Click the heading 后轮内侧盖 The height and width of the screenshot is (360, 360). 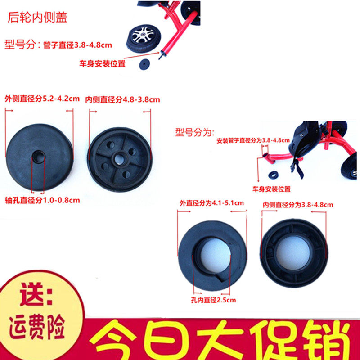pos(37,17)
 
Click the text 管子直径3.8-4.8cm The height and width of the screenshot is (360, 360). pos(77,45)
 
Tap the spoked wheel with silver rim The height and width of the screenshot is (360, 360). pos(144,38)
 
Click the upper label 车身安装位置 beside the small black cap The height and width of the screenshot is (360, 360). pos(103,63)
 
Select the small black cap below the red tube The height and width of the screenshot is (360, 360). pos(144,64)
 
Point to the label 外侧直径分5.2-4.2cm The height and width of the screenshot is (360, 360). pos(42,99)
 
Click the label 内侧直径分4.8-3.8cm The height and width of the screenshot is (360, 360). pos(122,99)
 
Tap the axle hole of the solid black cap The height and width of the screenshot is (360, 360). pos(38,157)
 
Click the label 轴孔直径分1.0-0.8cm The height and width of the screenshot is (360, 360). pos(42,200)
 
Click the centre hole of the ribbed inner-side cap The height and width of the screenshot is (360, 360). pos(119,159)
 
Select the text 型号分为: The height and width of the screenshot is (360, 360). pos(195,132)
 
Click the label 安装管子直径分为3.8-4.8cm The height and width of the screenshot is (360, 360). pos(253,140)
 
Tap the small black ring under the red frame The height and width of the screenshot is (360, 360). pos(273,175)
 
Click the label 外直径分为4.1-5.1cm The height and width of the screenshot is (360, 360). pos(211,203)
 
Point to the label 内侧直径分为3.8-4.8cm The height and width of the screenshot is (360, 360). pos(298,205)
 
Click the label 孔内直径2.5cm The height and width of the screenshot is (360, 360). pos(213,300)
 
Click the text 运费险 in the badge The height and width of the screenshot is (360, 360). pos(37,327)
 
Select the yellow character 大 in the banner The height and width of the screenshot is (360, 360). pos(221,339)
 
